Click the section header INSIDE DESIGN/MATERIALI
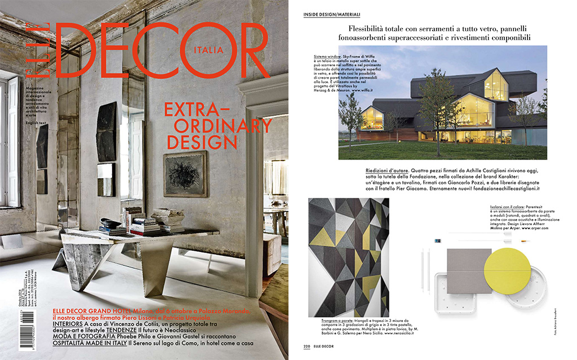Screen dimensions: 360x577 coord(331,14)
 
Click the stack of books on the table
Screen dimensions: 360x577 coord(134,223)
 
